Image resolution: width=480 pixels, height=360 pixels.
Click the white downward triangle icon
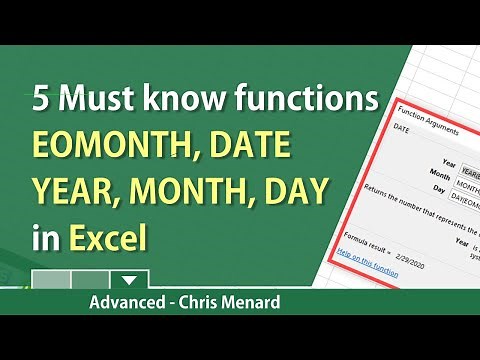pos(126,281)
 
